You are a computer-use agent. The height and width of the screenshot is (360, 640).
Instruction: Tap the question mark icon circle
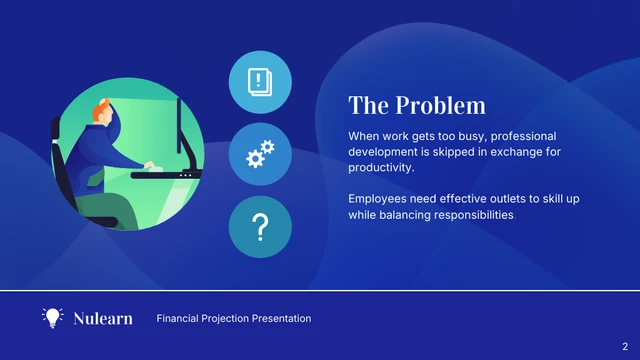(260, 228)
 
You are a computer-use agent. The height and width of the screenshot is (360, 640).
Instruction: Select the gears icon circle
(260, 154)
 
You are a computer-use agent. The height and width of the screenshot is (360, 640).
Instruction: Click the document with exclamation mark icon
(260, 80)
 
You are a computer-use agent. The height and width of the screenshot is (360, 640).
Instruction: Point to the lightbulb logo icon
(52, 318)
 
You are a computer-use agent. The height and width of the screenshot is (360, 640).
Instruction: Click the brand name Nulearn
(103, 319)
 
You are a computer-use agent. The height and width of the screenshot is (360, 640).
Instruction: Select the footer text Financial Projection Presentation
(233, 319)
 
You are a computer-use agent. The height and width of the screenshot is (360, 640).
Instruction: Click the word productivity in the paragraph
(379, 167)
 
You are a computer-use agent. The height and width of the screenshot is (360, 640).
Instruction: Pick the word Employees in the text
(378, 199)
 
